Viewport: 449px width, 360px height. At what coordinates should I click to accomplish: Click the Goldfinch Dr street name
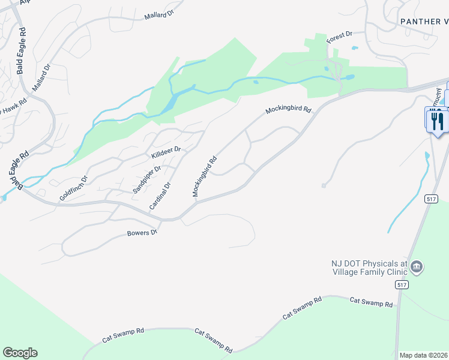pos(73,188)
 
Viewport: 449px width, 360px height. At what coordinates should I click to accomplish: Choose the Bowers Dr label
pos(142,233)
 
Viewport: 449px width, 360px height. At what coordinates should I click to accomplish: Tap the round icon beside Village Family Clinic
pos(417,266)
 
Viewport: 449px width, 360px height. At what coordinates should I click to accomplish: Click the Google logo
pos(20,353)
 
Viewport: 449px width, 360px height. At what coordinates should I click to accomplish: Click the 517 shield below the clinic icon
pos(402,286)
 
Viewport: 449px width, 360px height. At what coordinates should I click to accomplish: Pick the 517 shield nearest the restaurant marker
pos(430,199)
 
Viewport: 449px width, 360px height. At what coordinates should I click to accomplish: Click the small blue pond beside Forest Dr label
pos(355,47)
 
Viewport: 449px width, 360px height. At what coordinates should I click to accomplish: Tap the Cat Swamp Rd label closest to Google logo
pos(123,335)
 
